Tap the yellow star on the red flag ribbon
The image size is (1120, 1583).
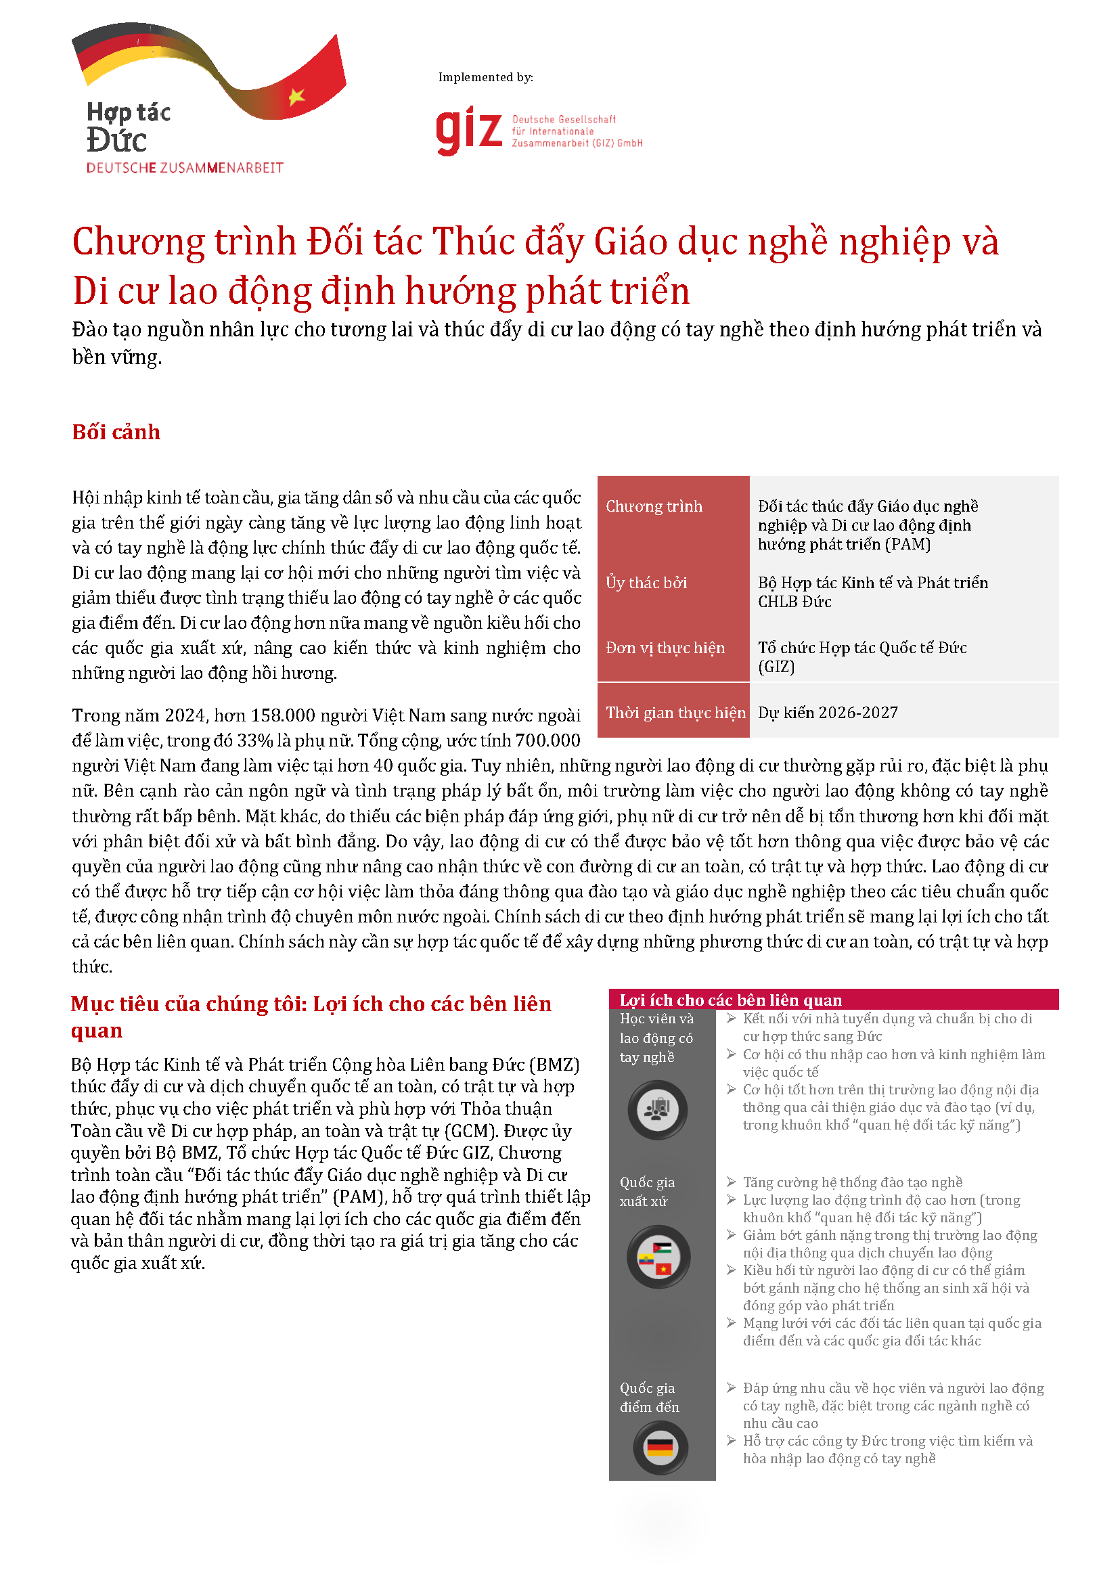point(296,96)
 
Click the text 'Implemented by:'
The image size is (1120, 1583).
point(485,77)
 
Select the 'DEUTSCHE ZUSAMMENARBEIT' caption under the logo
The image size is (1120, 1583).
point(184,168)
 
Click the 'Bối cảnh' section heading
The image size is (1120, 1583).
point(116,432)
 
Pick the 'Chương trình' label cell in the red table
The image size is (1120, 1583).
point(654,506)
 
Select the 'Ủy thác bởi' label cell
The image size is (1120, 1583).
point(646,583)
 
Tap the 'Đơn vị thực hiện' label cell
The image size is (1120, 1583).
point(665,648)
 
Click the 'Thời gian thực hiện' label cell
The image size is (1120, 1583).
point(675,713)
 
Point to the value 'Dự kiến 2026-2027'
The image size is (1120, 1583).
point(828,713)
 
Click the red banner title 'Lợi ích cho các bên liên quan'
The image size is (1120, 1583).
point(730,1000)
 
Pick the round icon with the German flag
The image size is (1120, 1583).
point(660,1446)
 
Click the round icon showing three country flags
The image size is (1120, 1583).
point(658,1257)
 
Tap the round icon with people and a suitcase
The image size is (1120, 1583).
point(657,1110)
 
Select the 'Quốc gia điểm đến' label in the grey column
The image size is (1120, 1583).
point(648,1397)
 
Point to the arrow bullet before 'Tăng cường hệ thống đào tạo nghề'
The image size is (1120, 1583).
point(731,1182)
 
